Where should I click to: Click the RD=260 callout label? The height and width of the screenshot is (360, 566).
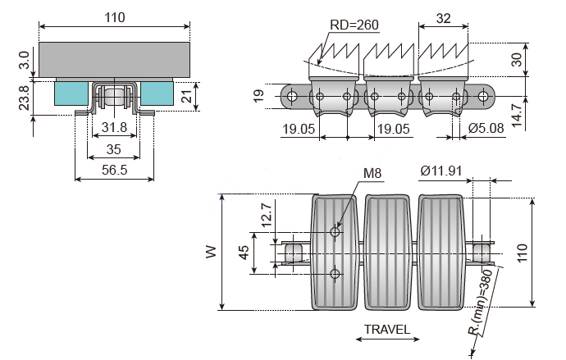(354, 25)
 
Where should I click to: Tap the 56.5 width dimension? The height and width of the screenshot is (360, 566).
(114, 170)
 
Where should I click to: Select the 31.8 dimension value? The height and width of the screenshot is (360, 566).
(114, 127)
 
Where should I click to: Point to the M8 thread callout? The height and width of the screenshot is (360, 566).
(372, 173)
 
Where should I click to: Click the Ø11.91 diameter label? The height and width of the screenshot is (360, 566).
(440, 171)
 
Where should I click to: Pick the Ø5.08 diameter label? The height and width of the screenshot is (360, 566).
(486, 128)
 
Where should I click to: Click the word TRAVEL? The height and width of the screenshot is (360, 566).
(387, 329)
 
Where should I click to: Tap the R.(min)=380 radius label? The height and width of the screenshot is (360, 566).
(482, 302)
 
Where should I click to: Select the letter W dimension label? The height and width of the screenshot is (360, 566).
(211, 252)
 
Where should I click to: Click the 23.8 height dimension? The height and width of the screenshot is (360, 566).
(24, 98)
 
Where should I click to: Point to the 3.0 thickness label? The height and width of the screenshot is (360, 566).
(24, 60)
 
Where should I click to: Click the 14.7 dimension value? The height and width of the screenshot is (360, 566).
(517, 115)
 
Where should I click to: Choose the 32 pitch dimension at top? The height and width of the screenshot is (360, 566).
(444, 18)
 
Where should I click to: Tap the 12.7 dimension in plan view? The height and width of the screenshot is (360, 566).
(266, 215)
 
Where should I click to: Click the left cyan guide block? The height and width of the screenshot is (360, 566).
(71, 93)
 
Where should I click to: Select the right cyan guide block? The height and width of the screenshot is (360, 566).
(157, 93)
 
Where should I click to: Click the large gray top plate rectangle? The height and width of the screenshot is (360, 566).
(114, 60)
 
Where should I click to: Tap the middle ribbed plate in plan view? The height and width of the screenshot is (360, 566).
(388, 252)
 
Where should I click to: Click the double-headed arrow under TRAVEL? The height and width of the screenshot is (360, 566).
(387, 339)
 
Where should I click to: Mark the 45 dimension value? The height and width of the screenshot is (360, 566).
(244, 253)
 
